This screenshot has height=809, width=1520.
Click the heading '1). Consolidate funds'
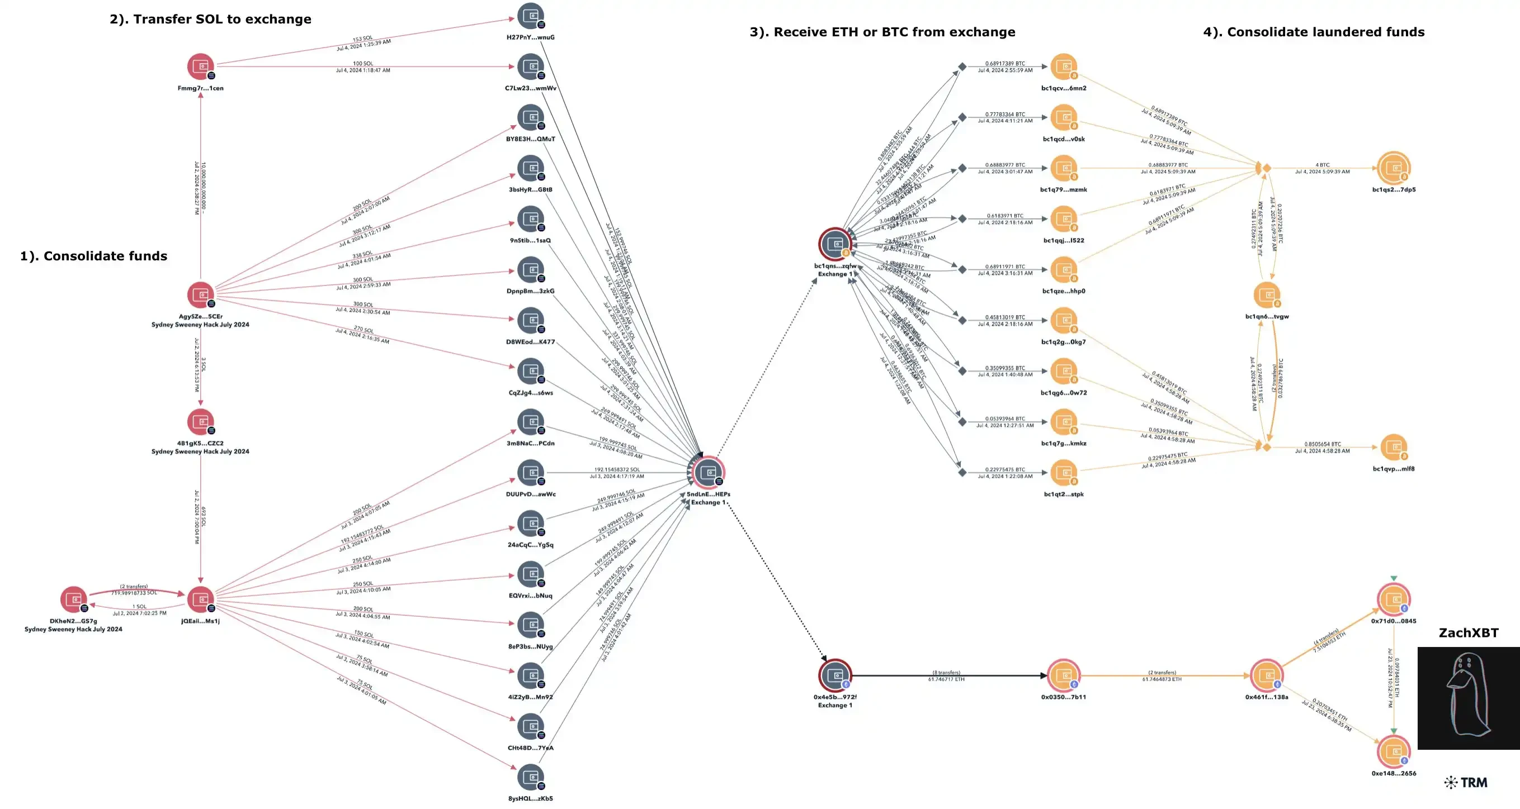[93, 256]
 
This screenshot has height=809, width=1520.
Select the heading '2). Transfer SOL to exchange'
[210, 19]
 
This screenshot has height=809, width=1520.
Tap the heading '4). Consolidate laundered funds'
[1314, 32]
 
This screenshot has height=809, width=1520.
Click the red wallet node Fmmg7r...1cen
[201, 66]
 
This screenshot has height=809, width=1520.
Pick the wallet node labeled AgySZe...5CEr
[201, 295]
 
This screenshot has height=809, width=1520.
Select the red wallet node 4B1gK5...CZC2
[201, 422]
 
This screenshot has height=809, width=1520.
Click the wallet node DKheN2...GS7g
[74, 599]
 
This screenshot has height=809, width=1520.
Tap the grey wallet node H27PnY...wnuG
[531, 16]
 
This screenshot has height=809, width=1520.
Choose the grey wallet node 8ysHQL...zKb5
[531, 777]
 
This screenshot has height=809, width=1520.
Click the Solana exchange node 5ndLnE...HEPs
[708, 472]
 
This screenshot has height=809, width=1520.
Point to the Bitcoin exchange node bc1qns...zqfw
[835, 244]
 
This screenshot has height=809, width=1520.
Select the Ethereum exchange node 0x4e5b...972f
[835, 675]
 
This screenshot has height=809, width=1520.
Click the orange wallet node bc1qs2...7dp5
[1394, 168]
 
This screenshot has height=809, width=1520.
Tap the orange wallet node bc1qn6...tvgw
[1266, 295]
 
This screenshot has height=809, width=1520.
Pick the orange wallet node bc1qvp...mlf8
[1394, 447]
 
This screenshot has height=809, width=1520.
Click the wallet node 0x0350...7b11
[1063, 675]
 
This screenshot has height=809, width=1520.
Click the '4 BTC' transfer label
[1323, 165]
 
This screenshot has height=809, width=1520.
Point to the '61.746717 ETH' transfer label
[946, 679]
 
